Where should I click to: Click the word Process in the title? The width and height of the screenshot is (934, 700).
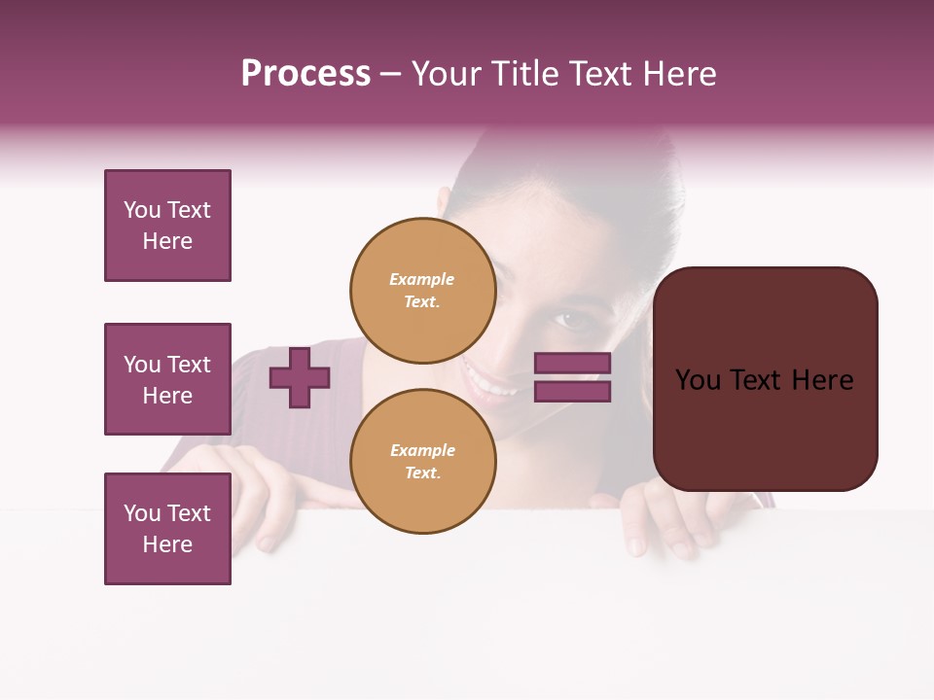coord(305,74)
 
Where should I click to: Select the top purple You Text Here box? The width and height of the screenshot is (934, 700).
coord(167,226)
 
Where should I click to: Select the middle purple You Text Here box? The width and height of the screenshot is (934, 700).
coord(167,379)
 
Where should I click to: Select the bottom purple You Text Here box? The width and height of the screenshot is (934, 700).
coord(167,529)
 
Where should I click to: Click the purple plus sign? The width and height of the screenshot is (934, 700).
coord(300,377)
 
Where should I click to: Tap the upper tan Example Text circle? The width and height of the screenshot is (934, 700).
coord(423,290)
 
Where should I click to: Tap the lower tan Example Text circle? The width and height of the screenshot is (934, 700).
coord(423,461)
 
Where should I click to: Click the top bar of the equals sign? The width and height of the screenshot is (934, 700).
coord(573,364)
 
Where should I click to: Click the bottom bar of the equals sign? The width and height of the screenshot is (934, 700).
coord(573,391)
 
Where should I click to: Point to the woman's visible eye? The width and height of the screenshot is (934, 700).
coord(567,318)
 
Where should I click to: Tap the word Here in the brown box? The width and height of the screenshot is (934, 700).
coord(822,380)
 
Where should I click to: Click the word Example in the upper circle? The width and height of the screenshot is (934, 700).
coord(422,279)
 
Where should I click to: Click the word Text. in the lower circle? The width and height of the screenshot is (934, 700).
coord(422,472)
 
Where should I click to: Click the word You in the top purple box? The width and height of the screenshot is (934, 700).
coord(142,210)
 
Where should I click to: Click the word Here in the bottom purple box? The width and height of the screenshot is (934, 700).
coord(167,544)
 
